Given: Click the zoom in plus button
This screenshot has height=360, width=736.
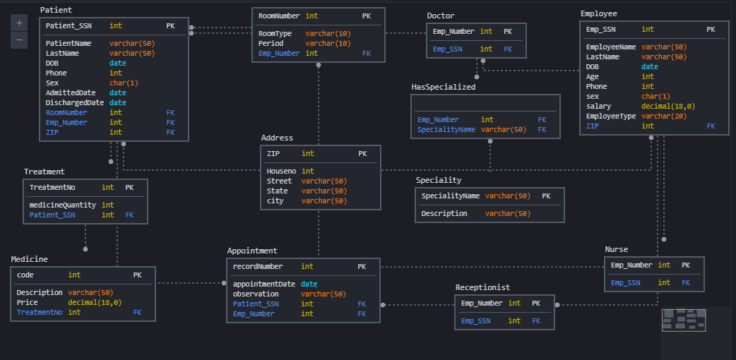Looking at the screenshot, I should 19,23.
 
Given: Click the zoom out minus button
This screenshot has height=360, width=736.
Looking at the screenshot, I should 19,40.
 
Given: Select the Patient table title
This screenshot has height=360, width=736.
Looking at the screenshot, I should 56,10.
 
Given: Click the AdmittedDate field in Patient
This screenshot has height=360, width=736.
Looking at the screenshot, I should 71,92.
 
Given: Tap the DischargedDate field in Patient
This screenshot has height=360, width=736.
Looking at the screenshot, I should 75,102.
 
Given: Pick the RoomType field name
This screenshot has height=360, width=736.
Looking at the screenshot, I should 275,33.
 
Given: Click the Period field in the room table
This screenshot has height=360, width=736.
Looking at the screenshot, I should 271,43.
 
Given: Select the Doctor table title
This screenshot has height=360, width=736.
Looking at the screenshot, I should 441,16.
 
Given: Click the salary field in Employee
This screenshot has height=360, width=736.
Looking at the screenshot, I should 598,106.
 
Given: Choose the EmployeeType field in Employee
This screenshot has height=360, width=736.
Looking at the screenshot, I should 611,116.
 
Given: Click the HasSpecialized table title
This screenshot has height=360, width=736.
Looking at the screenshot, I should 444,87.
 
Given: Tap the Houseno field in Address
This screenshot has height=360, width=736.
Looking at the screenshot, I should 281,171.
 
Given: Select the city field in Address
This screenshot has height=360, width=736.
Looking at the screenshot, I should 275,200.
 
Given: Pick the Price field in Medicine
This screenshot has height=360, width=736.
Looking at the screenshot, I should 27,302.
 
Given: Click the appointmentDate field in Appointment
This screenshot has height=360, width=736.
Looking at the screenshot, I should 265,284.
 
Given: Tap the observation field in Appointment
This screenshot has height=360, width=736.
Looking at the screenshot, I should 255,294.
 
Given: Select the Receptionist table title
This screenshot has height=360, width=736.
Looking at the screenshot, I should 482,287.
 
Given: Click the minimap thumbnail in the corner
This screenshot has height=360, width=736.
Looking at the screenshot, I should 684,320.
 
